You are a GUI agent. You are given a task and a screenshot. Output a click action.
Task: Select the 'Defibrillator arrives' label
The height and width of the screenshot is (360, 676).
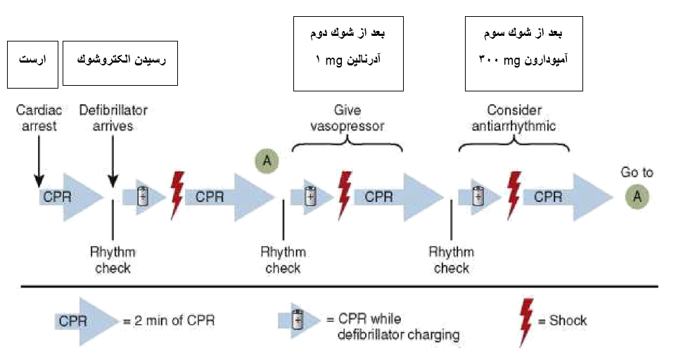tap(113, 117)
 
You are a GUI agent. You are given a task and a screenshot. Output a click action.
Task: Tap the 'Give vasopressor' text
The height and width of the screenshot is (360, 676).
tap(347, 117)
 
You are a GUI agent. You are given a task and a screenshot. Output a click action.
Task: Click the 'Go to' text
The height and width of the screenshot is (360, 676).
tap(637, 172)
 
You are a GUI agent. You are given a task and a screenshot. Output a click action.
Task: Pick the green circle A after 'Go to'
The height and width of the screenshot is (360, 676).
tap(637, 197)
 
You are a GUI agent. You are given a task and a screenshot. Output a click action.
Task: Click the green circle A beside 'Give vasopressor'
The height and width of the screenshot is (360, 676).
tap(267, 160)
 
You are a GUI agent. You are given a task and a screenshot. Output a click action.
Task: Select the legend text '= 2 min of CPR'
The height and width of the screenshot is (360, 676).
tap(169, 321)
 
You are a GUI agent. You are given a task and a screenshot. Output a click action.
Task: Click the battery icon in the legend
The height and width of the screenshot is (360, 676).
tap(297, 321)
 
